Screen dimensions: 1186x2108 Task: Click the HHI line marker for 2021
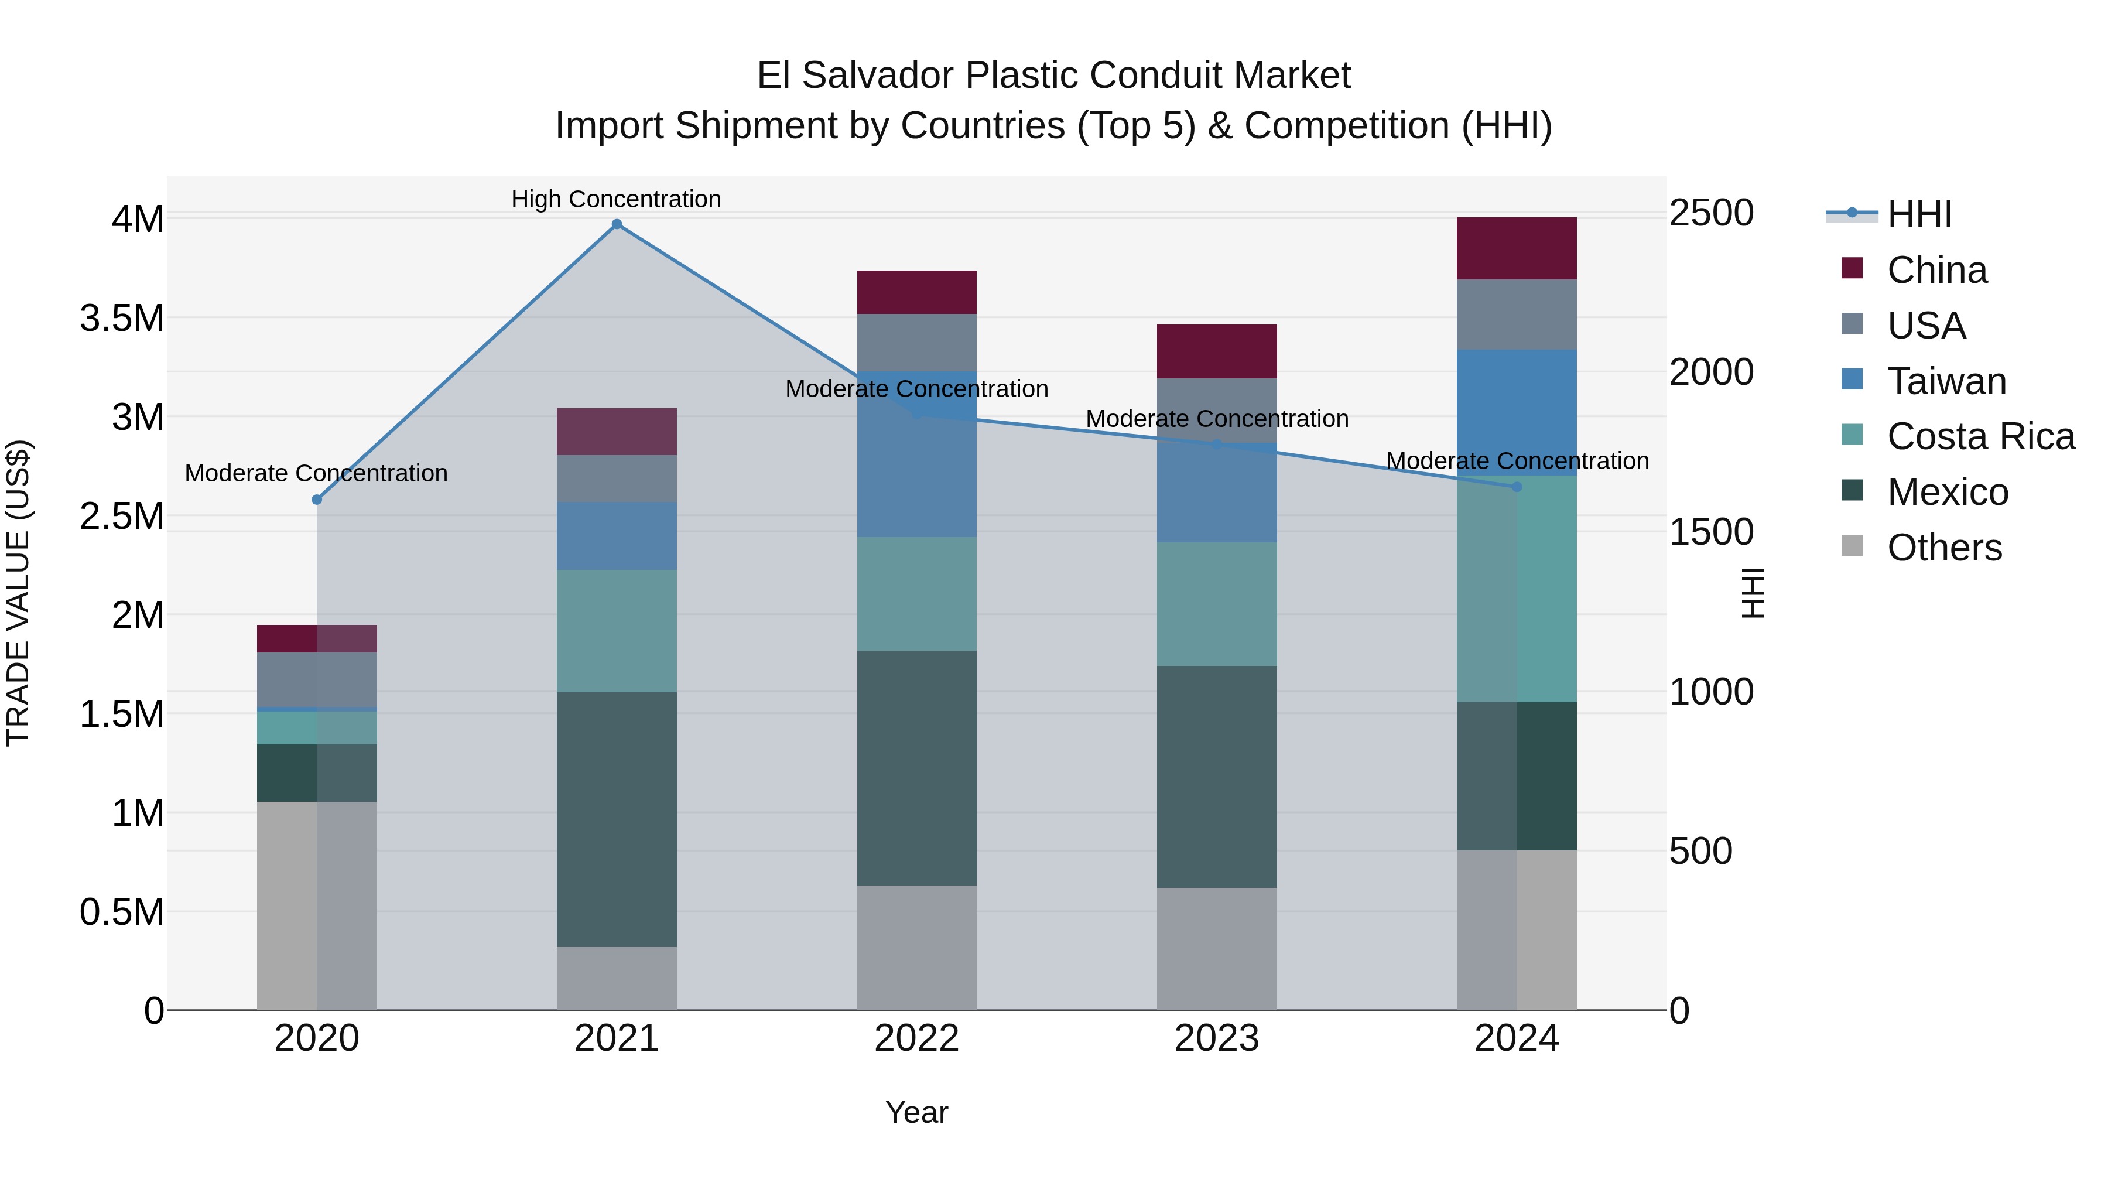(617, 224)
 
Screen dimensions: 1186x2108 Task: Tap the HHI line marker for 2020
(317, 499)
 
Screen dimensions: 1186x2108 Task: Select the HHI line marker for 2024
(1517, 487)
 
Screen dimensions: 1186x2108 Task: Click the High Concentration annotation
(616, 199)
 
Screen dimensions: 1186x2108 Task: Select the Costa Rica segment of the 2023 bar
(1216, 603)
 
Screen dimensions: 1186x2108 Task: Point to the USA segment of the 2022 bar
(916, 342)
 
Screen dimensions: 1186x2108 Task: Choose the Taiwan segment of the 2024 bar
(1517, 412)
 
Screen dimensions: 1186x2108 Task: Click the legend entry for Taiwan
(1946, 381)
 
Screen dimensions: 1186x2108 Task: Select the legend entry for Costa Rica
(1980, 436)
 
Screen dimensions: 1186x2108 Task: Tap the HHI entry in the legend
(1919, 214)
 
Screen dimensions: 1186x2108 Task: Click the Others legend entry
(1943, 548)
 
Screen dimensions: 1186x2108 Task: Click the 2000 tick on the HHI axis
(1711, 372)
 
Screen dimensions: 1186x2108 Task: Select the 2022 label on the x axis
(916, 1038)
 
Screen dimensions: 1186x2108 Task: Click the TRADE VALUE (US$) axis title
(18, 593)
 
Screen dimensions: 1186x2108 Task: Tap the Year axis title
(916, 1112)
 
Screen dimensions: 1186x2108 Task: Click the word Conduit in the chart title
(1143, 76)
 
